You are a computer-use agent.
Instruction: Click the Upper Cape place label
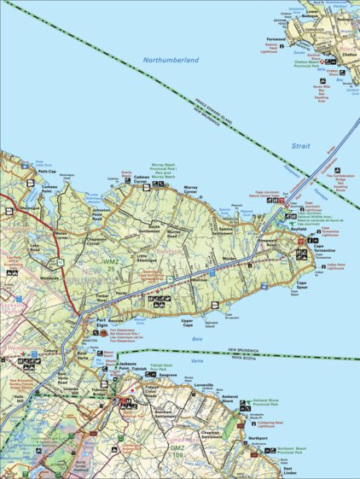pos(194,322)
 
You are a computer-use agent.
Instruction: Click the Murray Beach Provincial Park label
pos(162,171)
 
